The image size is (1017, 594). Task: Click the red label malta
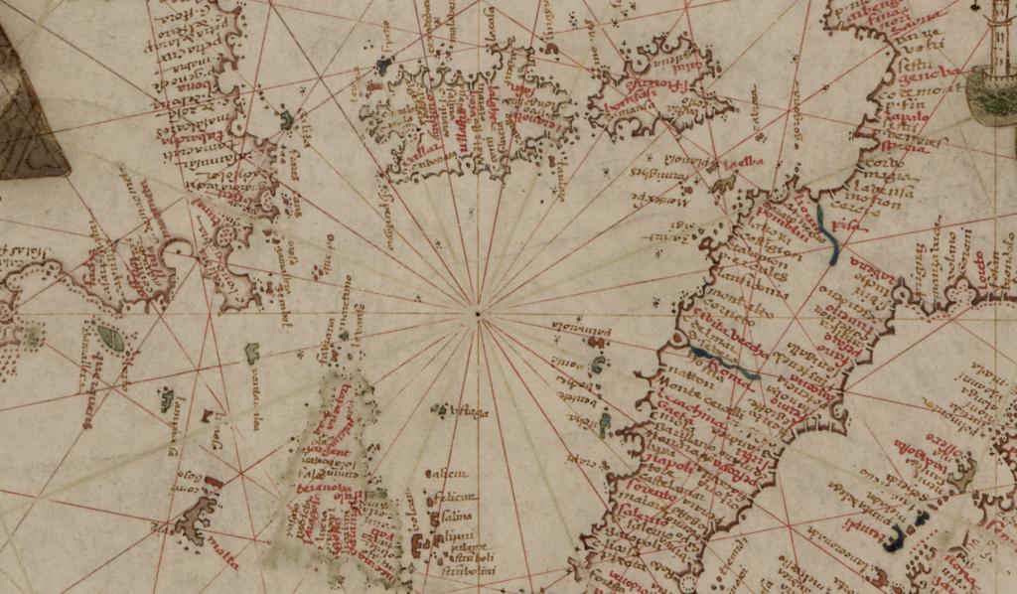coord(223,565)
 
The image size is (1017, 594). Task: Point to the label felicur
coord(452,496)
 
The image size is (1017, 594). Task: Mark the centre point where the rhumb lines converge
coord(479,316)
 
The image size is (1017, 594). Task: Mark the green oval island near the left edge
coord(111,340)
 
